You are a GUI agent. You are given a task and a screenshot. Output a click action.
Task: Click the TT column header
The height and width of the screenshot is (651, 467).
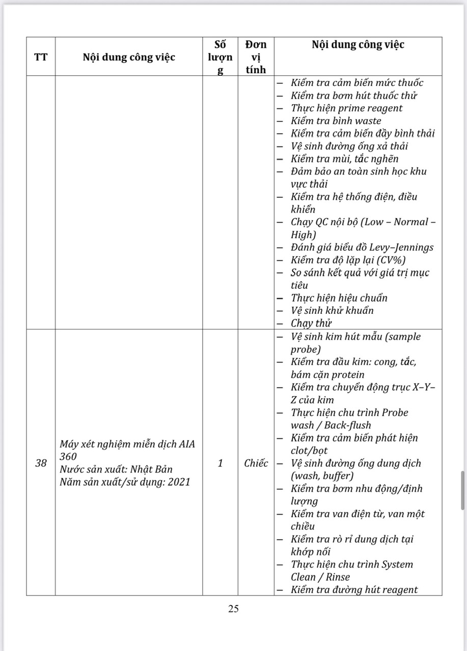41,57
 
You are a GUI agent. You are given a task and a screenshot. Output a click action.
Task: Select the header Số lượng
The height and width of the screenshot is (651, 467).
221,57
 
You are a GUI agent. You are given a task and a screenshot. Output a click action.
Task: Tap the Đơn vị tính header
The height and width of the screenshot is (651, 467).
256,57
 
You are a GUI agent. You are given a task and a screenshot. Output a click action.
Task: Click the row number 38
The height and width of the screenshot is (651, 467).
41,463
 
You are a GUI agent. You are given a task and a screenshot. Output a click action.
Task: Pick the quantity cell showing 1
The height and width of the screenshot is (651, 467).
221,463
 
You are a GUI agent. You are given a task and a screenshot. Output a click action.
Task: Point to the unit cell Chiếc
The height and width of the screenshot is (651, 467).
256,463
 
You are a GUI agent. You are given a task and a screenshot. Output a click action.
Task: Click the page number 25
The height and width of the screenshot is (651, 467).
234,608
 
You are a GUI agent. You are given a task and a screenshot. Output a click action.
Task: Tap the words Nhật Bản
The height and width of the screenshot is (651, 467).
158,469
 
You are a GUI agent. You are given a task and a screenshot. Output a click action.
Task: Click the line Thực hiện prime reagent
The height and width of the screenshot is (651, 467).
346,108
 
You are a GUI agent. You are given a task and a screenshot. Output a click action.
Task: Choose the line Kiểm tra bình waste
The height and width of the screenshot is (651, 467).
336,121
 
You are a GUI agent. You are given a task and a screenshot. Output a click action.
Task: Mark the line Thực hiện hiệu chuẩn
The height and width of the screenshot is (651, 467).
339,298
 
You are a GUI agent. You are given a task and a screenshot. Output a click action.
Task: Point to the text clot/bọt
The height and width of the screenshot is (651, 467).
309,451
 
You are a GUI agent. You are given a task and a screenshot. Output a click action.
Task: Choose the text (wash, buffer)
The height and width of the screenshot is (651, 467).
322,476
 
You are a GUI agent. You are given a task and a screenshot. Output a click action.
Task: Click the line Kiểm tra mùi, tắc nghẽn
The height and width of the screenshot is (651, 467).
345,159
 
